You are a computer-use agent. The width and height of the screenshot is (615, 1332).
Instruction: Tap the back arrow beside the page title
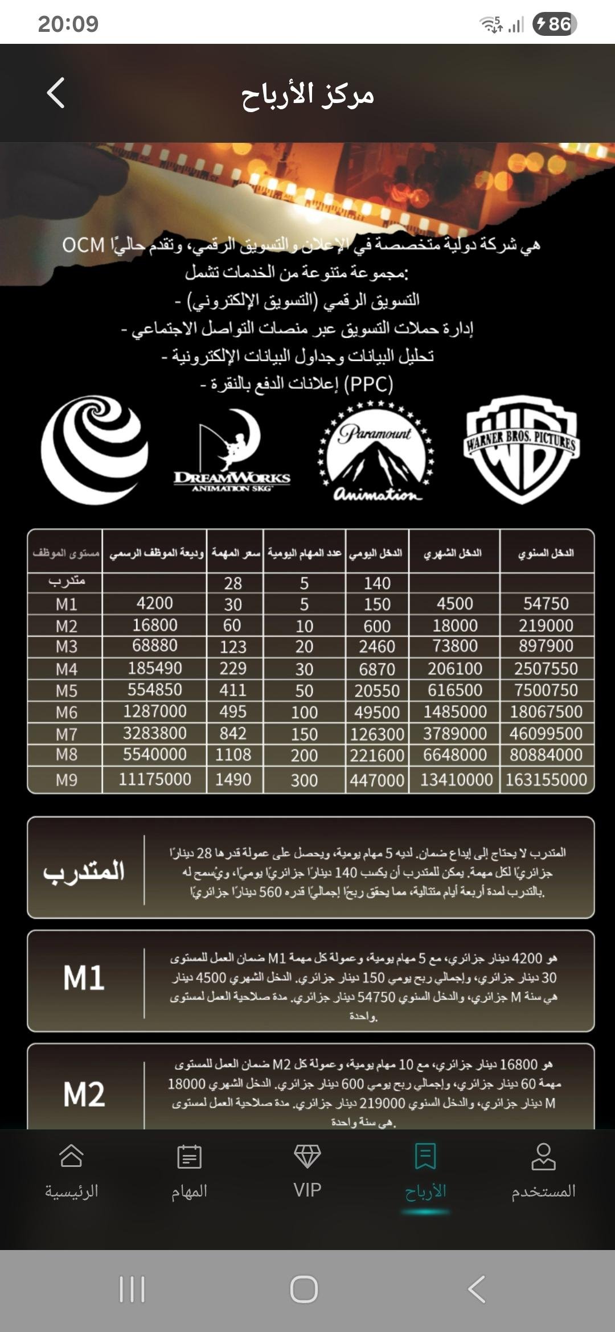coord(56,93)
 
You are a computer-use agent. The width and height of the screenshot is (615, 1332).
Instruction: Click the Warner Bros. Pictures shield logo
coord(521,449)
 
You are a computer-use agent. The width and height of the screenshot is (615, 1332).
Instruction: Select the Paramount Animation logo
coord(376,451)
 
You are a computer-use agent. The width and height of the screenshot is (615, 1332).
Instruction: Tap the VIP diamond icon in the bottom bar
coord(307,1156)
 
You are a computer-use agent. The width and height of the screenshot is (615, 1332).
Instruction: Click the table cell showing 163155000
coord(546,779)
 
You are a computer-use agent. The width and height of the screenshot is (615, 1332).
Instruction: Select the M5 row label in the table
coord(66,690)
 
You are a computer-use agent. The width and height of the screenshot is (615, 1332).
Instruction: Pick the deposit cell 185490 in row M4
coord(155,668)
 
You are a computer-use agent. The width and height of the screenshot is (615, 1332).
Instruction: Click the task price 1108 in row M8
coord(233,755)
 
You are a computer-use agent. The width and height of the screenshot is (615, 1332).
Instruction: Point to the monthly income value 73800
coord(455,646)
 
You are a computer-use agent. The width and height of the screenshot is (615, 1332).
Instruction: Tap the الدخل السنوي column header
coord(546,552)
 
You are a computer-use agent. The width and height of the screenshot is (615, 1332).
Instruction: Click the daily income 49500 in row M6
coord(377,712)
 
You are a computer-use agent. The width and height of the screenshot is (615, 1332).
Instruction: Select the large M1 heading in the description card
coord(84,978)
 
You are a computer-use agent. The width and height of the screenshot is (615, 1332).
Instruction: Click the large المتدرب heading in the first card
coord(84,870)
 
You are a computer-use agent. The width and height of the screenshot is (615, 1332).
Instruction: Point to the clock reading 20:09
coord(68,24)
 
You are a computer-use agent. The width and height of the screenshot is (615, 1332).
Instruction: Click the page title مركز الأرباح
coord(307,94)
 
